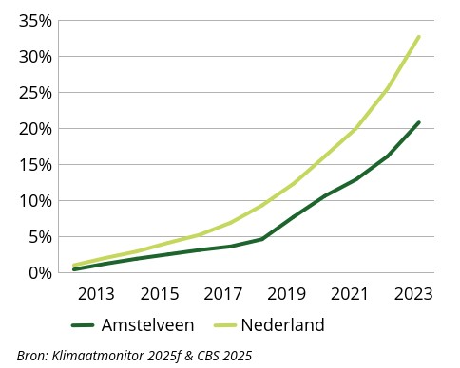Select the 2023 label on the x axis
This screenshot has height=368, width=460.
413,294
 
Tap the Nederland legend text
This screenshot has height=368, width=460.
282,325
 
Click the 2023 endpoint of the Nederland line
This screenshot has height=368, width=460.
419,37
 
